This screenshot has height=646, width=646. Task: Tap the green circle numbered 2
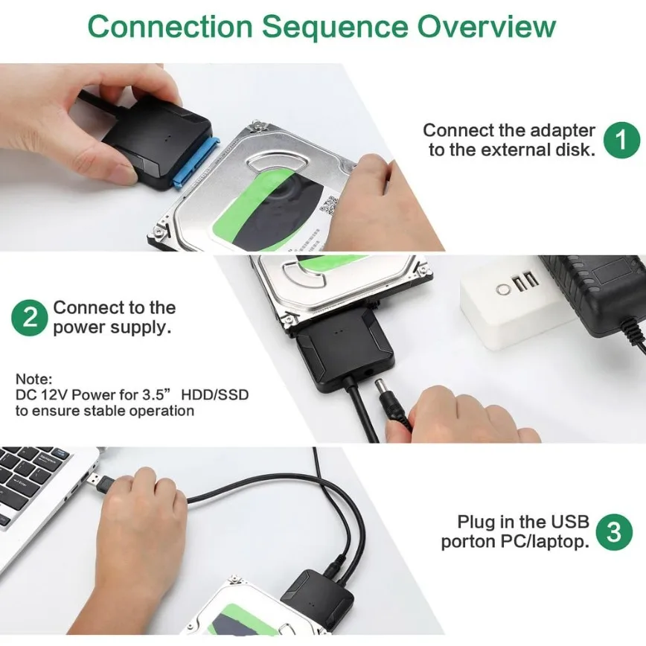point(30,318)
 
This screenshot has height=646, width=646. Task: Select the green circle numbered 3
point(614,532)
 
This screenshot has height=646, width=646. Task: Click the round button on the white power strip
point(504,289)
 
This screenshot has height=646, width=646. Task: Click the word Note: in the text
point(33,379)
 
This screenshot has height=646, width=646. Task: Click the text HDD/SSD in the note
point(222,394)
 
